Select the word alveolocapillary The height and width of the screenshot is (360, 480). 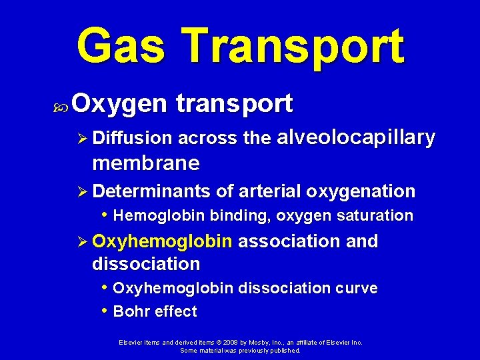(x=355, y=138)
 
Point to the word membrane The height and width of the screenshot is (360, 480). (x=146, y=163)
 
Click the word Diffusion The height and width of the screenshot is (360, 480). (x=132, y=139)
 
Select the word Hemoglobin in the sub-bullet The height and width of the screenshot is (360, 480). (x=159, y=216)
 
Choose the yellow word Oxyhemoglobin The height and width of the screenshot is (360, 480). (x=163, y=241)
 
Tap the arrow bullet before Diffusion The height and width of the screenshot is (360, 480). (x=83, y=139)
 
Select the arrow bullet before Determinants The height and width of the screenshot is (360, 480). (x=83, y=192)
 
